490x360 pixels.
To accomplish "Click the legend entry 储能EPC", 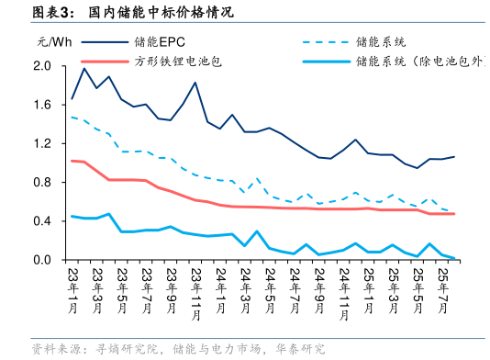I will [x=160, y=42].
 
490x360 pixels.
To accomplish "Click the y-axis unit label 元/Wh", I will [x=53, y=42].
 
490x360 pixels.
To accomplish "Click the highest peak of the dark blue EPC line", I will [x=84, y=68].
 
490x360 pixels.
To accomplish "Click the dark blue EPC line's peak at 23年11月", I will [x=195, y=83].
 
